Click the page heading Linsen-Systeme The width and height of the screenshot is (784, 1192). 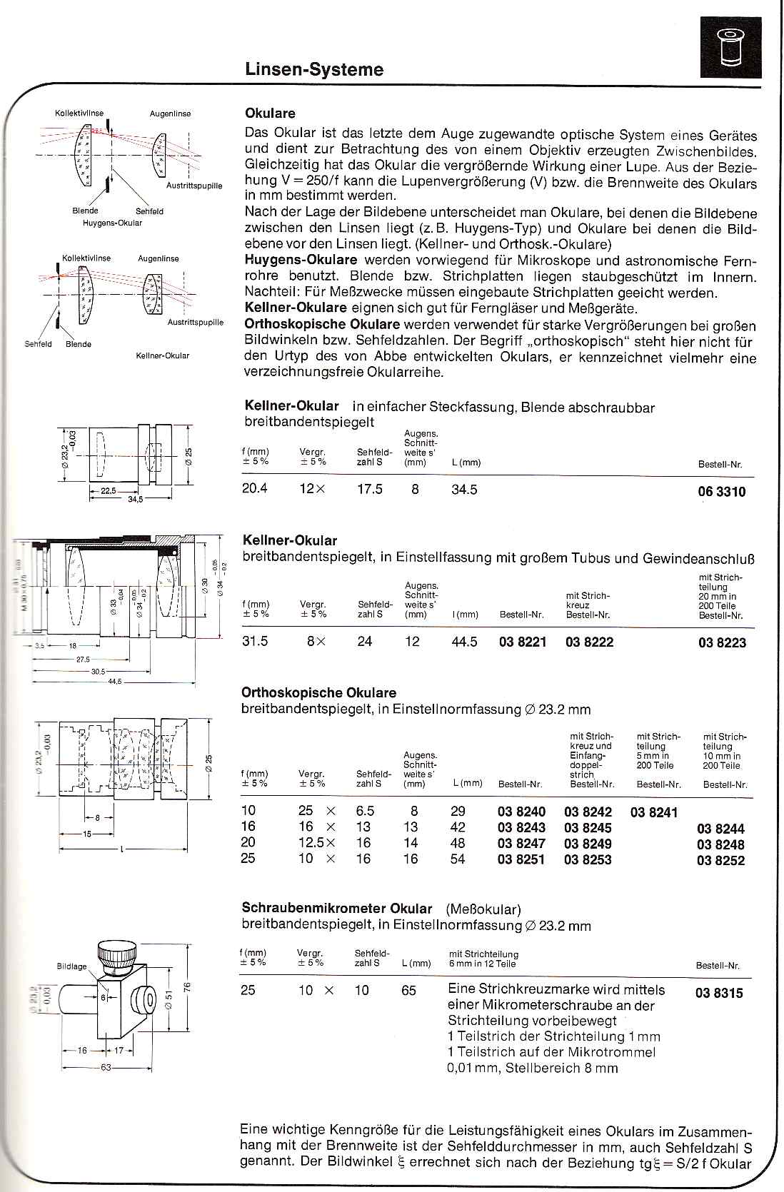(x=314, y=69)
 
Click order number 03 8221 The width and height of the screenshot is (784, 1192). (x=523, y=642)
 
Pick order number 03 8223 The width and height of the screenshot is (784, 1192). (x=722, y=642)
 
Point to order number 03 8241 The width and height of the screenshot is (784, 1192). (x=654, y=812)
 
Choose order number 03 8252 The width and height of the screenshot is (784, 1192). (x=720, y=860)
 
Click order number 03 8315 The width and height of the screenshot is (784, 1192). (x=719, y=992)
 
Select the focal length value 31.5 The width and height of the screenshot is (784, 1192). (x=256, y=642)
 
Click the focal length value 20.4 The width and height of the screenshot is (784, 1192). (x=256, y=490)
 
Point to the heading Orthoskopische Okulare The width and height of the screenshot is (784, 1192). (x=318, y=693)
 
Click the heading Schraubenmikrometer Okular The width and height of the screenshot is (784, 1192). (x=337, y=909)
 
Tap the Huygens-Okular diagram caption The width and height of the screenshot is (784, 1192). (x=113, y=223)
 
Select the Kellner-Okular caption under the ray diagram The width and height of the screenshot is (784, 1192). (x=163, y=355)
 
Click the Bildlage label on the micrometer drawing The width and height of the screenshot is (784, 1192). (x=71, y=966)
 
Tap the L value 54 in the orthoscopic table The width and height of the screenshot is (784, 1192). (x=458, y=859)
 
